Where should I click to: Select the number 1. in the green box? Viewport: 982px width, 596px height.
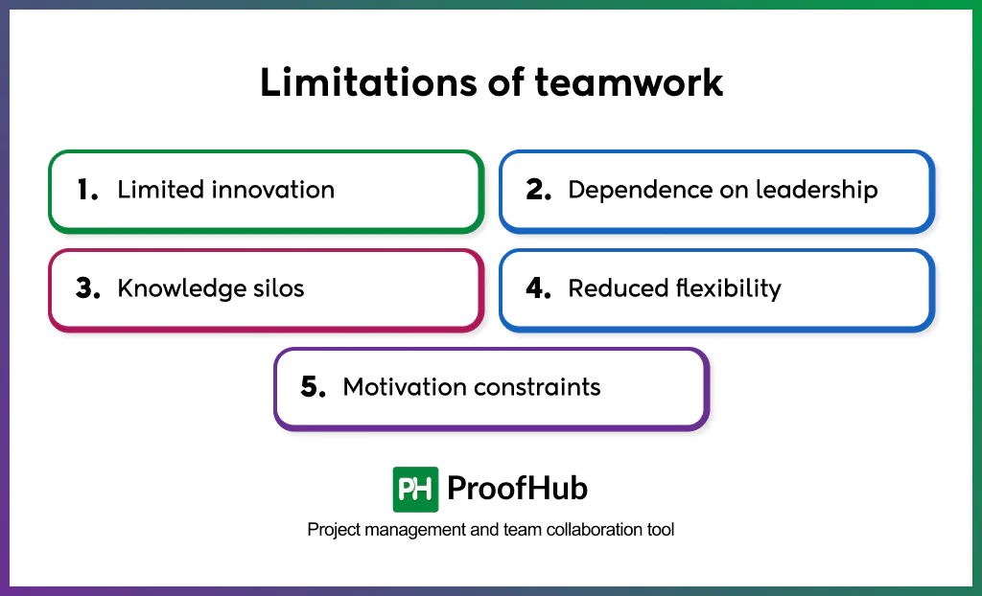tap(87, 191)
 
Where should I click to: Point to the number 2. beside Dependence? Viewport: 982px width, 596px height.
tap(538, 191)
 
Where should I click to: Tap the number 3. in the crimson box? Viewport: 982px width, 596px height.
tap(88, 289)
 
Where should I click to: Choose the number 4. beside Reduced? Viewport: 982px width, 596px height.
tap(538, 289)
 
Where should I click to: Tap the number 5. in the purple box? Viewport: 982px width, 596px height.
tap(314, 388)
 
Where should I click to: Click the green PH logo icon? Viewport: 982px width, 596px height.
tap(415, 489)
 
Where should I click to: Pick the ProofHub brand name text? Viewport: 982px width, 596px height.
tap(517, 489)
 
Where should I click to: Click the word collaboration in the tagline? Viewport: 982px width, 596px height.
tap(593, 530)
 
